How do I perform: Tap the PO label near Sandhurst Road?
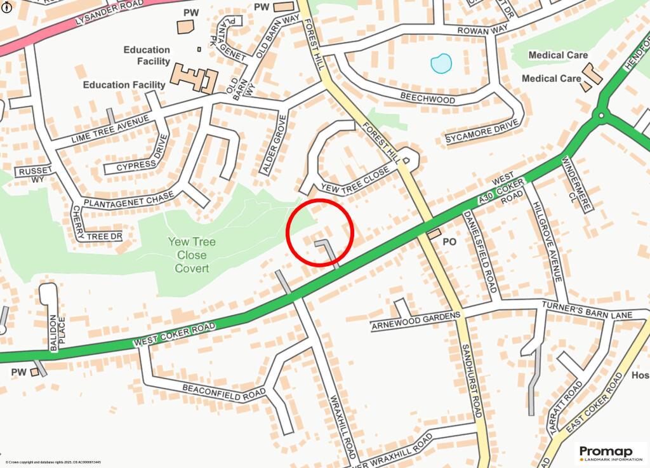tap(449, 242)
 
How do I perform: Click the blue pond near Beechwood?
tap(441, 63)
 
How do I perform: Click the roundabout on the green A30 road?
tap(600, 115)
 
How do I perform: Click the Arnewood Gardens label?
tap(415, 321)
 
